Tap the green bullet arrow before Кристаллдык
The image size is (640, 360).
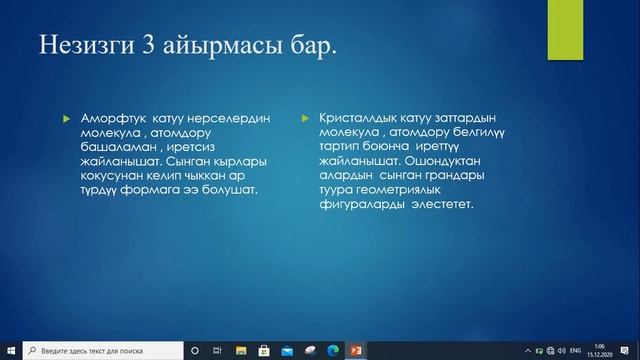click(306, 119)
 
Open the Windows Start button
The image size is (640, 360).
click(11, 351)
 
